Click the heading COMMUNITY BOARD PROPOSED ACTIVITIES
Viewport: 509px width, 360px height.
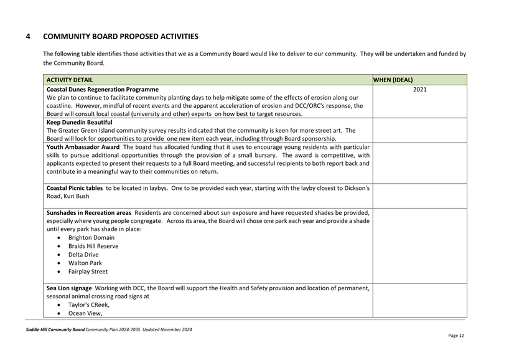coord(120,37)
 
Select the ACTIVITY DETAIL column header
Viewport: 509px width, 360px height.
coord(70,80)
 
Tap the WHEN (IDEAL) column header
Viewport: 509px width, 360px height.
coord(393,80)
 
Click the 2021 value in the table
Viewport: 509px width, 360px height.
coord(419,90)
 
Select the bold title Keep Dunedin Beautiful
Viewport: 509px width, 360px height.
coord(78,123)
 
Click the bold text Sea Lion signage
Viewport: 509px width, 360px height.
coord(70,288)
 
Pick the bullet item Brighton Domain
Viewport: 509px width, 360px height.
coord(91,237)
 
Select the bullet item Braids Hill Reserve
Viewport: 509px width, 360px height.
coord(93,246)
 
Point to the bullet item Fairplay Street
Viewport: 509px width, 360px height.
coord(88,272)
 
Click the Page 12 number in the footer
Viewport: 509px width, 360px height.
coord(455,335)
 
